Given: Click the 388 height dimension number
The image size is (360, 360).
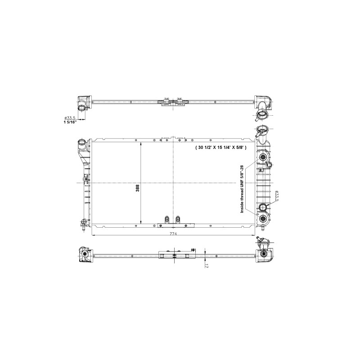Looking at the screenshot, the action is pyautogui.click(x=138, y=189).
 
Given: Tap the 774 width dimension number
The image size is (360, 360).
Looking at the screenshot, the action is pyautogui.click(x=173, y=234).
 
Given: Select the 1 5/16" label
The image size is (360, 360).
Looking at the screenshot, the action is pyautogui.click(x=70, y=122).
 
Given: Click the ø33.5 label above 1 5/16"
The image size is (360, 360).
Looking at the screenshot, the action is pyautogui.click(x=70, y=118).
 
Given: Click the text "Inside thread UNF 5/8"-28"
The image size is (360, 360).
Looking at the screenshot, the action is pyautogui.click(x=242, y=189).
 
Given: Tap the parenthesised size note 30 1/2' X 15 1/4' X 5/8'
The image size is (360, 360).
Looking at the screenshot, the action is pyautogui.click(x=220, y=148).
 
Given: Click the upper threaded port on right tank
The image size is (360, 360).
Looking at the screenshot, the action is pyautogui.click(x=262, y=157).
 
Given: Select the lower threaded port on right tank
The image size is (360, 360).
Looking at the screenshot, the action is pyautogui.click(x=262, y=219).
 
